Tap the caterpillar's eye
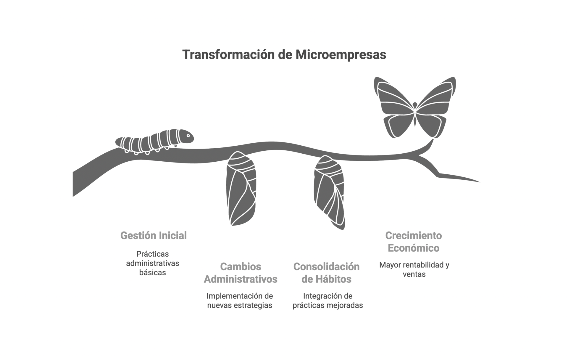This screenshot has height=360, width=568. pos(188,136)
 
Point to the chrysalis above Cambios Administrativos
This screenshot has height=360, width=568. pos(241,189)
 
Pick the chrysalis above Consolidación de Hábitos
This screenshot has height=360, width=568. pos(329,192)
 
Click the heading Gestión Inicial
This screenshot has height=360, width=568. pos(154,235)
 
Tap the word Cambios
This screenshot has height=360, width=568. pos(241,266)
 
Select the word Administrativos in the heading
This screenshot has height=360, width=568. pos(241,279)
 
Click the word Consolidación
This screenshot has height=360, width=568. pos(326,266)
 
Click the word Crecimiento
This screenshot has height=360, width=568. pos(414,235)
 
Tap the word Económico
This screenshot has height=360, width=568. pos(414,248)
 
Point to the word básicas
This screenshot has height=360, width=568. pos(153,272)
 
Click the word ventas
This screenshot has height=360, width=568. pos(414,274)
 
